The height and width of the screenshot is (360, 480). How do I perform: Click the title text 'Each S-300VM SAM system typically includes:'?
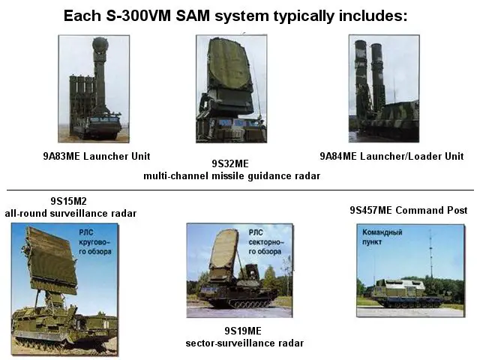click(x=235, y=16)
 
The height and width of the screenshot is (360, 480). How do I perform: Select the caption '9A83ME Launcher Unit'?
click(x=96, y=156)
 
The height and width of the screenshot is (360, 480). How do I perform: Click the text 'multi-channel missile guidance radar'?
click(x=232, y=175)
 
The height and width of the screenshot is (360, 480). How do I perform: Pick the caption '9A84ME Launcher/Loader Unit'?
click(x=391, y=156)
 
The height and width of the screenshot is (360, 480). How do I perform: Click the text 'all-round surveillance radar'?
click(x=70, y=213)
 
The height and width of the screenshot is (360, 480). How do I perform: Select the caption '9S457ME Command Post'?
click(x=409, y=210)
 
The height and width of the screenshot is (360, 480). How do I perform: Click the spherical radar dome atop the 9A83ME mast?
click(x=100, y=47)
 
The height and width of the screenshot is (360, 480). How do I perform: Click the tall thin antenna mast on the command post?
click(x=430, y=255)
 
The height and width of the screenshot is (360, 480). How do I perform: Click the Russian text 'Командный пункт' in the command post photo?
click(x=382, y=236)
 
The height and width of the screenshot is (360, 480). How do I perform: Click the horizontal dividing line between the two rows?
click(x=240, y=190)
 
